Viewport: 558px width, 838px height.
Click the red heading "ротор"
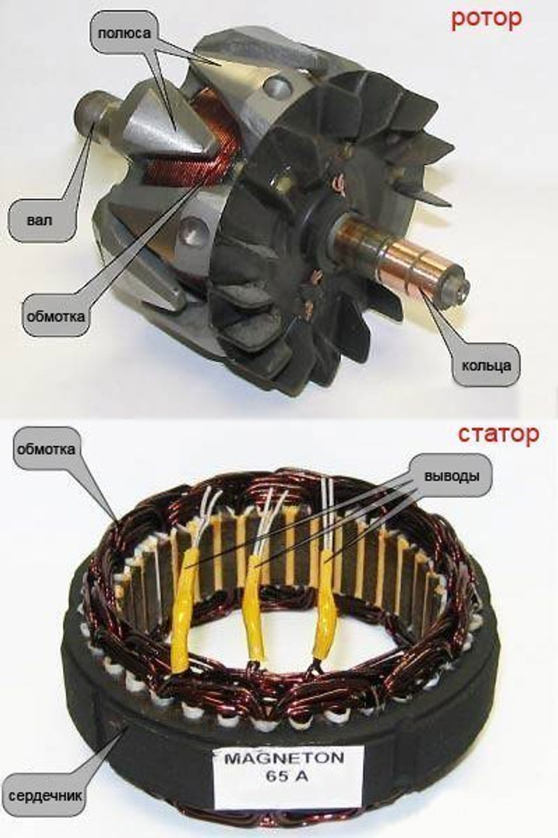click(486, 20)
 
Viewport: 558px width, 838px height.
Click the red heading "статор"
click(498, 435)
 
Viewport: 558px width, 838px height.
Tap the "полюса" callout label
click(124, 34)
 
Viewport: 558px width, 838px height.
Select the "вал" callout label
click(40, 220)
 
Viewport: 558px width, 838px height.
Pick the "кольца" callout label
click(486, 366)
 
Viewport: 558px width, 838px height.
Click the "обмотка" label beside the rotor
click(56, 316)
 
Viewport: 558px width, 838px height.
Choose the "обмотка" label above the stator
click(46, 449)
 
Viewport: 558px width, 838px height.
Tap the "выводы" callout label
click(451, 476)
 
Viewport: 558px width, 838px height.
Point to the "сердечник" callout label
click(45, 795)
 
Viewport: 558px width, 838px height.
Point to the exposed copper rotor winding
click(187, 144)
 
